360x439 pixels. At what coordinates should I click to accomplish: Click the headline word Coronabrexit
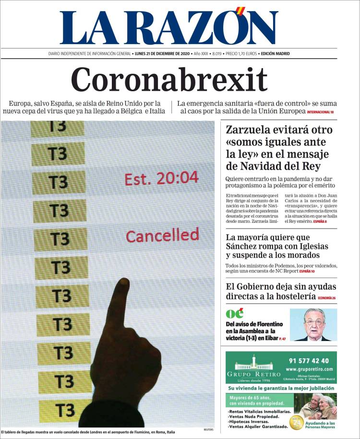coord(169,80)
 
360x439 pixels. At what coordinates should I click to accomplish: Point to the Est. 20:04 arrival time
coord(161,179)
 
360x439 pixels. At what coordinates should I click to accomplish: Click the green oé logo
coord(234,314)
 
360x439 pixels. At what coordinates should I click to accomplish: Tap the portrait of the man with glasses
coord(312,324)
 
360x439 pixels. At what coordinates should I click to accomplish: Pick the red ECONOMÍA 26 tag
coord(326,298)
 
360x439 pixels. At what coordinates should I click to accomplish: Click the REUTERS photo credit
coord(208,429)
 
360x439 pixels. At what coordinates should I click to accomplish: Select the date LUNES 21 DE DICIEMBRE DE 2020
coord(163,54)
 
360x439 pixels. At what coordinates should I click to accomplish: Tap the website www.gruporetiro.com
coord(309,369)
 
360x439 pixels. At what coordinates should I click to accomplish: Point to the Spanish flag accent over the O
coord(242,11)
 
